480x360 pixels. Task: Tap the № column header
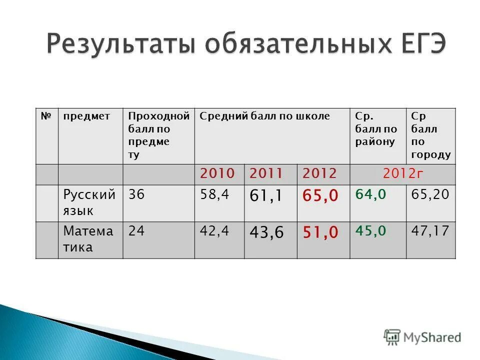tap(46, 116)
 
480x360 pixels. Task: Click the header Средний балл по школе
tap(264, 116)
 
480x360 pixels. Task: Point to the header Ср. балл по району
tap(375, 128)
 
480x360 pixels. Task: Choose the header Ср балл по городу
tap(430, 135)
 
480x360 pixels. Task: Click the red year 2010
tap(217, 174)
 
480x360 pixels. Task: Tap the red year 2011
tap(266, 174)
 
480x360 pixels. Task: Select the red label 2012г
tap(403, 174)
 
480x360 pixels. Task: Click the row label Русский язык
tap(89, 202)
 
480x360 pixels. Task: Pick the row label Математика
tap(88, 239)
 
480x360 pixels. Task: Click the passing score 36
tap(136, 194)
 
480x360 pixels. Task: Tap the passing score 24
tap(136, 231)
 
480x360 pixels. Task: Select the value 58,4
tap(214, 194)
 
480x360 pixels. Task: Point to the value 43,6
tap(265, 233)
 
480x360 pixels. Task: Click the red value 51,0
tap(320, 233)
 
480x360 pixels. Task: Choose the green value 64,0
tap(370, 194)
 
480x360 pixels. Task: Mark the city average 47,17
tap(430, 230)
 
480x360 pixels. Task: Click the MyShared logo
tap(422, 337)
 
